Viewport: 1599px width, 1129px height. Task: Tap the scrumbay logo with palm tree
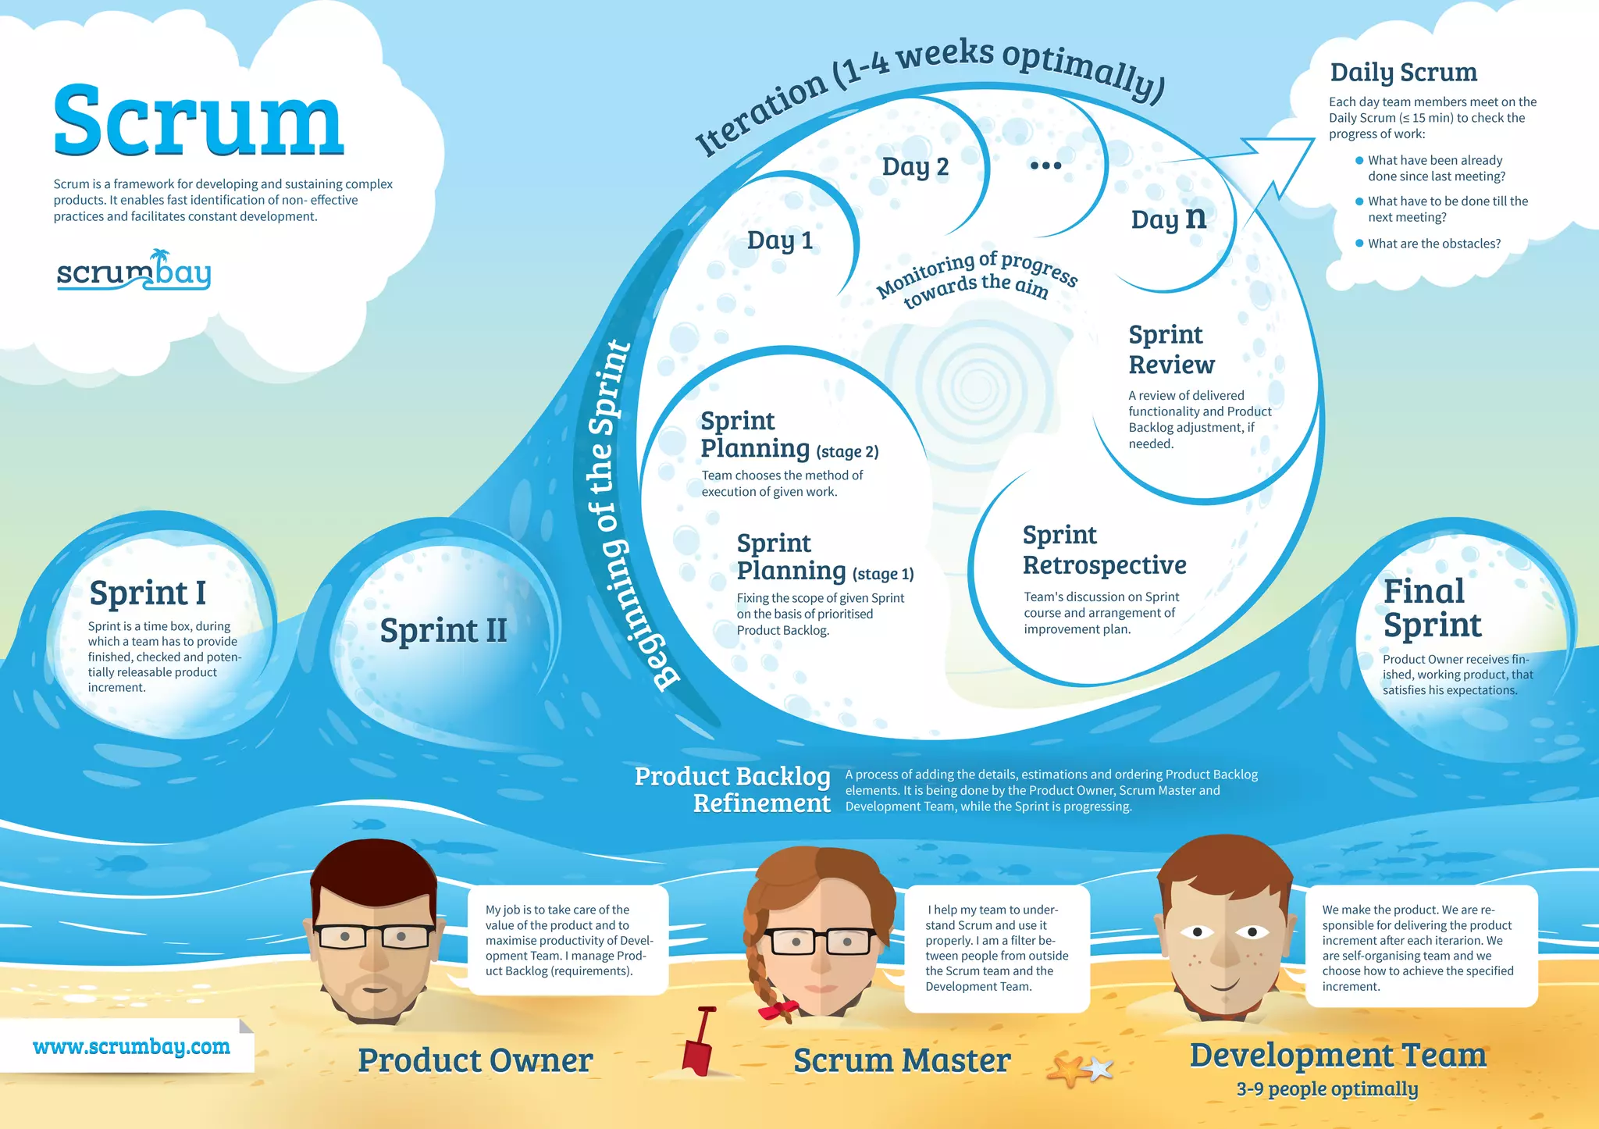(x=134, y=271)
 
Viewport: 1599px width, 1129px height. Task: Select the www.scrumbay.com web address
(x=131, y=1046)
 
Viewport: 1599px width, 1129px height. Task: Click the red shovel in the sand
(x=698, y=1042)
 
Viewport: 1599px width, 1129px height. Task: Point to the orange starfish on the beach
(x=1070, y=1070)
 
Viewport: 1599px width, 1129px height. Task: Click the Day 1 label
(x=779, y=240)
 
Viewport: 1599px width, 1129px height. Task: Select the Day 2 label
(x=915, y=166)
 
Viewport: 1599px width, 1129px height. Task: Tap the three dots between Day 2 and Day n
(x=1045, y=166)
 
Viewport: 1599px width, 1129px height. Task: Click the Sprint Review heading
(x=1171, y=349)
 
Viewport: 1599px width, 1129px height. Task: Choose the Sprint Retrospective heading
(x=1104, y=550)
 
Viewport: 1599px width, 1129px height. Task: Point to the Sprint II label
(x=443, y=630)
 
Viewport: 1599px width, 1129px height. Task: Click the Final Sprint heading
(x=1431, y=608)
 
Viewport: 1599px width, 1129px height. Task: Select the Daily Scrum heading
(x=1403, y=73)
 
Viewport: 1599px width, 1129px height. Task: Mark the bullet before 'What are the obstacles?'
(x=1359, y=243)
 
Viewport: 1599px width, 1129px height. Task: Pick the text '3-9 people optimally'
(x=1327, y=1088)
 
